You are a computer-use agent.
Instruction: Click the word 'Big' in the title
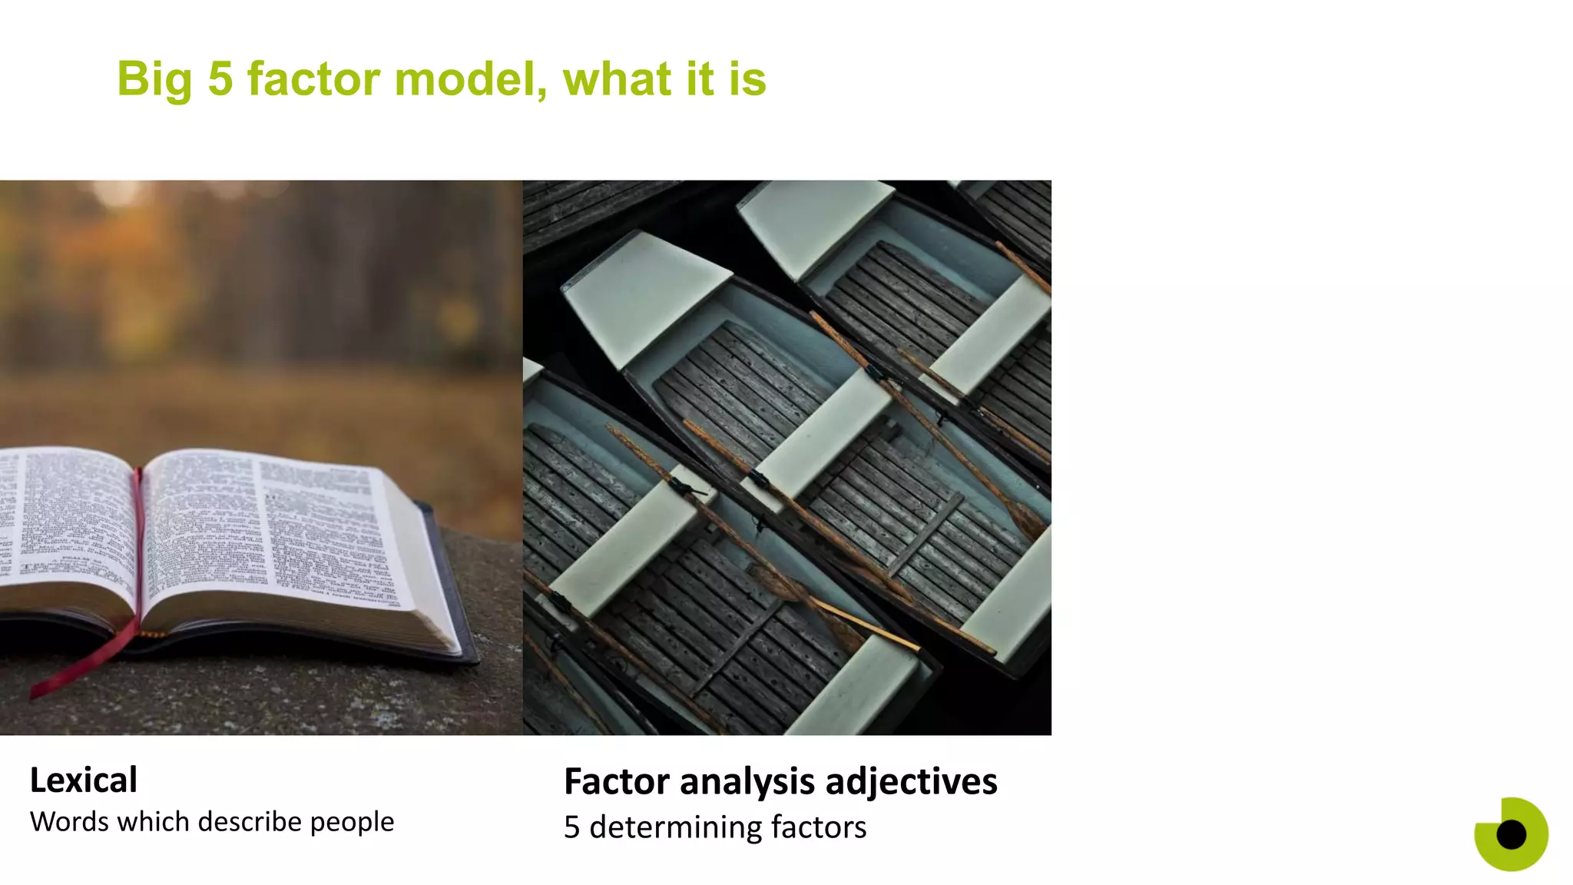click(x=154, y=80)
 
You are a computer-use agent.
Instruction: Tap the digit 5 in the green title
click(x=220, y=79)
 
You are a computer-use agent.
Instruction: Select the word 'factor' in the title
click(x=313, y=79)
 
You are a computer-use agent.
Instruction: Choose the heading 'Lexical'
click(x=84, y=781)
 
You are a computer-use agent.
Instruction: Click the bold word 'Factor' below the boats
click(x=617, y=782)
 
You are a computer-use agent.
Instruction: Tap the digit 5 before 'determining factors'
click(x=571, y=827)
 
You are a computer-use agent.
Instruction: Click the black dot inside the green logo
click(x=1511, y=834)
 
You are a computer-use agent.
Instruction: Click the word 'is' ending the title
click(x=747, y=79)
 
